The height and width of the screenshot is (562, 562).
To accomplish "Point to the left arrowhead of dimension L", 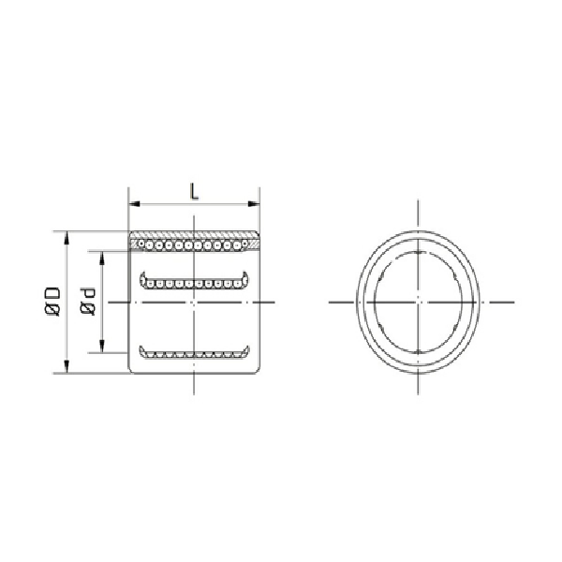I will coord(132,203).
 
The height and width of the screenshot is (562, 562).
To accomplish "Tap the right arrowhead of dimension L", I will coord(255,203).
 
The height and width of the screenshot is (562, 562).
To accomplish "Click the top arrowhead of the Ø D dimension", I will coord(66,234).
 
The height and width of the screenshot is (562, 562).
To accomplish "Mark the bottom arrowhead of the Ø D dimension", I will coord(66,369).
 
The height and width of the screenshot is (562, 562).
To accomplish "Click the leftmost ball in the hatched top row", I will coord(139,244).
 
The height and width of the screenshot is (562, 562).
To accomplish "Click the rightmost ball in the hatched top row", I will coord(248,244).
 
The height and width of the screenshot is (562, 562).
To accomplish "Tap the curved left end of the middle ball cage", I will coord(141,278).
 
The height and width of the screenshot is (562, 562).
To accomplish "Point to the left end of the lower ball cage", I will coord(141,351).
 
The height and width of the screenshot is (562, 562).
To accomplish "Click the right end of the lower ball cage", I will coord(248,351).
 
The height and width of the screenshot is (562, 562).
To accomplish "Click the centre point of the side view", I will coord(193,303).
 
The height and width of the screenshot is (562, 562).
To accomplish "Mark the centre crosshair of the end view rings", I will coord(418,303).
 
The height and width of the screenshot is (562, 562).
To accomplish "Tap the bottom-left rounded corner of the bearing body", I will coord(131,371).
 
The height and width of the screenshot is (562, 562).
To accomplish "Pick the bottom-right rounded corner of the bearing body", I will coord(256,371).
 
